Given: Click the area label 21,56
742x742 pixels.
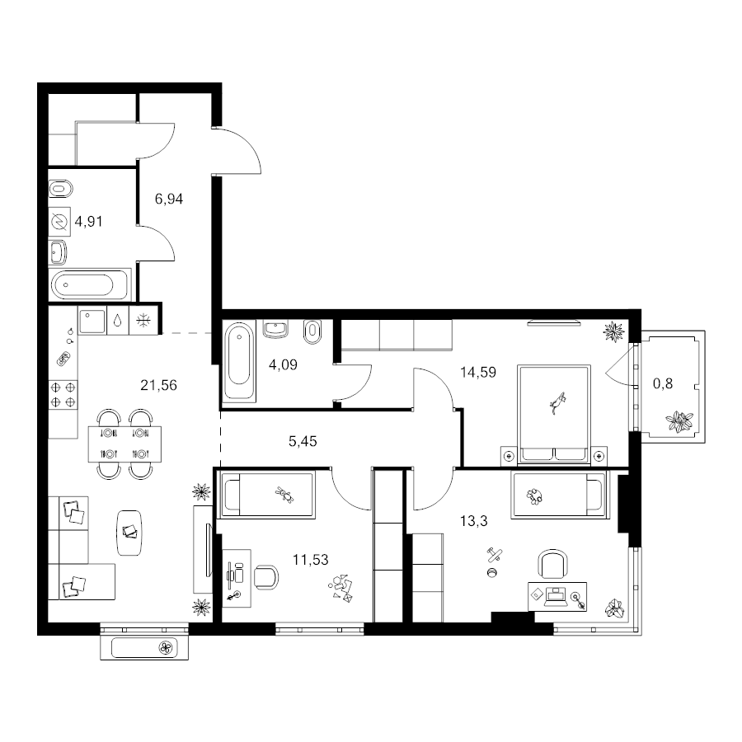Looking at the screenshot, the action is pos(158,385).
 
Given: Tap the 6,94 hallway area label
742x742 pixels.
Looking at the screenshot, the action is pos(169,199).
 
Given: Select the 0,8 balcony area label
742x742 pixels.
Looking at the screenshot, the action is pos(663,383).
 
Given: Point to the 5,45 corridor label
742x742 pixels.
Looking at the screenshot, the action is pos(303,442).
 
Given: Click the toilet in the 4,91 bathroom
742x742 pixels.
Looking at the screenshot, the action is pos(60,190).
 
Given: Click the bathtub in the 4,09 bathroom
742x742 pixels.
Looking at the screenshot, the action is pos(239,361).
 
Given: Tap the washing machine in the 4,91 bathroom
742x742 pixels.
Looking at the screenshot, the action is pos(59,222).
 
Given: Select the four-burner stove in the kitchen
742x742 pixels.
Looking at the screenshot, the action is pos(63,395).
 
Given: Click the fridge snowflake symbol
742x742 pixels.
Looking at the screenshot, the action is pos(143,321).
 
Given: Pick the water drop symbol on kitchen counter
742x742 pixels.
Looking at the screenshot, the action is pos(118,321).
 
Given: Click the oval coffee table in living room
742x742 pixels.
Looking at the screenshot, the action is pos(129,533).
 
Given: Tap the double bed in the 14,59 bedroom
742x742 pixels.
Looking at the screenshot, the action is pos(554,413).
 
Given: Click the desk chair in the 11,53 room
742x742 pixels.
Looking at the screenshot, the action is pos(266,576).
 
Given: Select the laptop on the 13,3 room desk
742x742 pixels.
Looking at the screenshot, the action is pos(556,597).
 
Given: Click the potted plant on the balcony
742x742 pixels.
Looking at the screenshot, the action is pos(679,421).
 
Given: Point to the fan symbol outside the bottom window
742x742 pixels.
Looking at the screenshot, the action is pos(166,647).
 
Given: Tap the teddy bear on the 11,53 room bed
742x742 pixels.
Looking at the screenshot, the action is pos(284,495).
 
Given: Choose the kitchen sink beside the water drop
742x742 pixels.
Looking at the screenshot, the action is pos(92,322).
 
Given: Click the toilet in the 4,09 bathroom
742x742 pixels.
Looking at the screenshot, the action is pos(312,332).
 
